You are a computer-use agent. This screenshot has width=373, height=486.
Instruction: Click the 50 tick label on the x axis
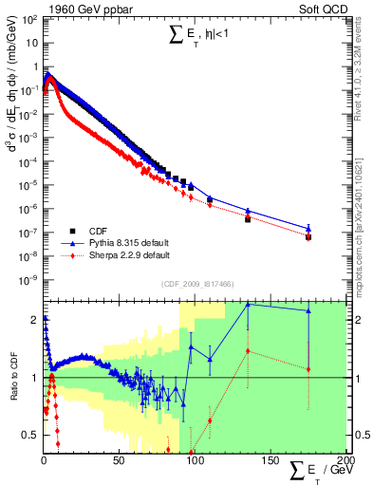(x=119, y=462)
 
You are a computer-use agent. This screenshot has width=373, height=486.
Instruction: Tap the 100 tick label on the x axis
(x=195, y=462)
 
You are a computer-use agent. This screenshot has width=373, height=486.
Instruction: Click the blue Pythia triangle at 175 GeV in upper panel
(x=308, y=228)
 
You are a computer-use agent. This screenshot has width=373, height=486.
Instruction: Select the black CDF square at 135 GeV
(x=248, y=219)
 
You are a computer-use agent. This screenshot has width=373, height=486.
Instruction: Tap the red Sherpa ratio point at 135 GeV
(x=248, y=350)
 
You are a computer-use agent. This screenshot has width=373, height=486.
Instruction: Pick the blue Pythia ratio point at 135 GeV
(x=248, y=304)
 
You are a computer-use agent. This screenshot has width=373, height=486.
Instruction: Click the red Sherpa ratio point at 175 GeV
(x=308, y=368)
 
